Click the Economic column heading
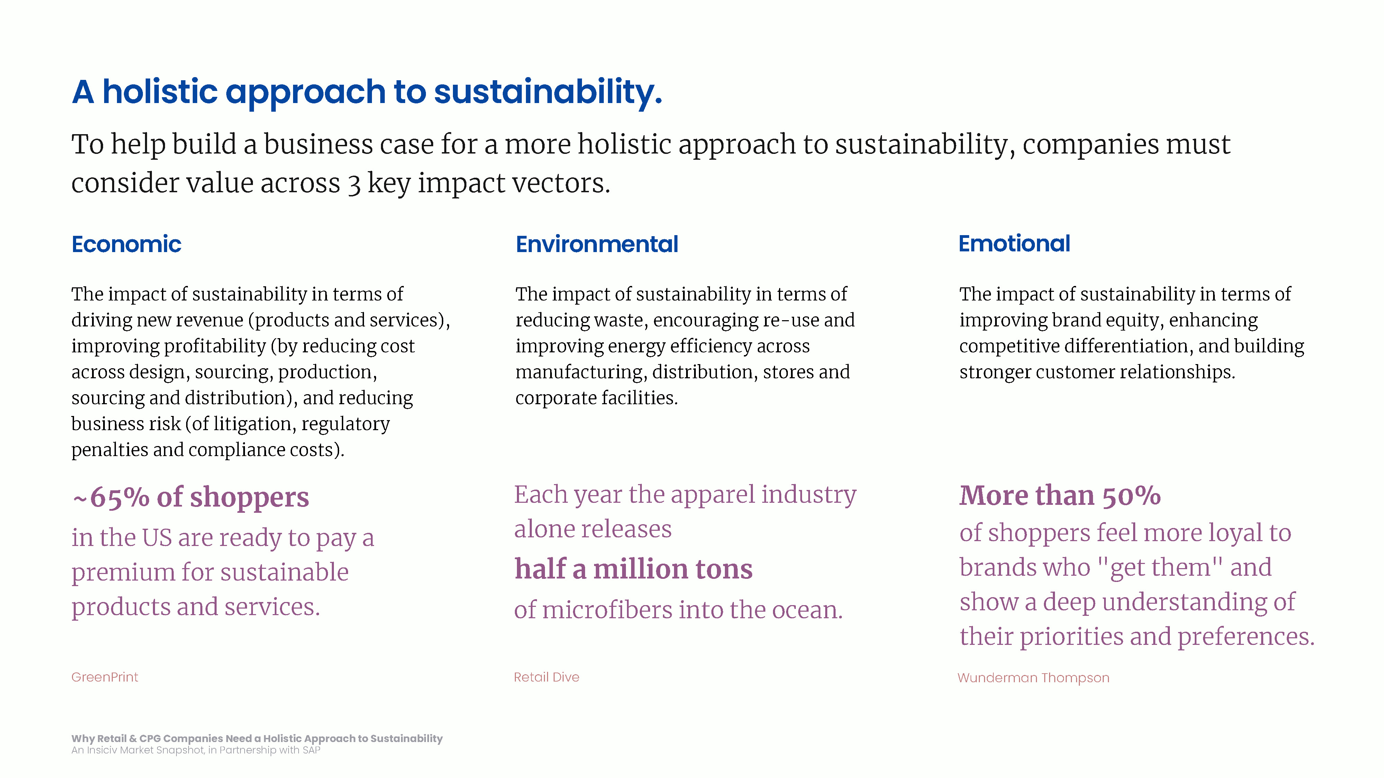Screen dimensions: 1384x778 (126, 244)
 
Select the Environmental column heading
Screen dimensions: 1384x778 (597, 244)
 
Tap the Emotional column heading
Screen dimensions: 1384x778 (1014, 244)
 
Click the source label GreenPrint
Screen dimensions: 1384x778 (105, 677)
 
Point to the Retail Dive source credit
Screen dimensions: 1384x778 (546, 677)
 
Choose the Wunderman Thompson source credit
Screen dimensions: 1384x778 (1033, 678)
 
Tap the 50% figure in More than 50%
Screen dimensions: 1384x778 (1131, 495)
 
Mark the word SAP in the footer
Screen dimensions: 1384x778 (312, 750)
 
